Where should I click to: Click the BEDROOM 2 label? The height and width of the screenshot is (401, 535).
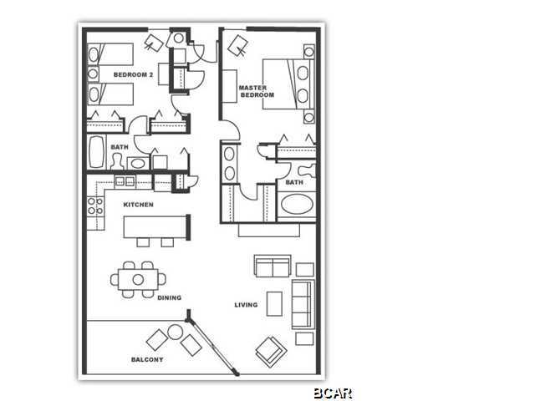pos(134,75)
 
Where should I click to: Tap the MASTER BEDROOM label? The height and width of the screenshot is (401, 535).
pos(257,91)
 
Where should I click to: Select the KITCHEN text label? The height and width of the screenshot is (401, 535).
pos(138,205)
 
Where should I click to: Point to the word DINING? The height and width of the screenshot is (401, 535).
pos(168,297)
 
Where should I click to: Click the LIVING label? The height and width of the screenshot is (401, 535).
pos(245,305)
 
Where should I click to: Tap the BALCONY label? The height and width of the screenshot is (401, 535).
pos(146,359)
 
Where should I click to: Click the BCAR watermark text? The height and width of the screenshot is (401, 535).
pos(333,393)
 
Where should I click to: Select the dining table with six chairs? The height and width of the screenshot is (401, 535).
pos(138,279)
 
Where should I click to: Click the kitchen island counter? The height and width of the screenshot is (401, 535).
pos(155,226)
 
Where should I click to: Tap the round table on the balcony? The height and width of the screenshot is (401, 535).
pos(174,332)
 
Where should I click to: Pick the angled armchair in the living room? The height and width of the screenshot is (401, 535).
pos(271,351)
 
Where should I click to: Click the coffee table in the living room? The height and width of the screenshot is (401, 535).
pos(274,303)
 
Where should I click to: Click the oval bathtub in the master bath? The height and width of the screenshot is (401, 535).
pos(297,205)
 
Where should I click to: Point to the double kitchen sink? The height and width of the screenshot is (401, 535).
pos(125,181)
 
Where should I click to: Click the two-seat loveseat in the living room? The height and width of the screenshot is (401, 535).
pos(273,266)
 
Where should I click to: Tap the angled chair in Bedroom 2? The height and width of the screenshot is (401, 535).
pos(154,42)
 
